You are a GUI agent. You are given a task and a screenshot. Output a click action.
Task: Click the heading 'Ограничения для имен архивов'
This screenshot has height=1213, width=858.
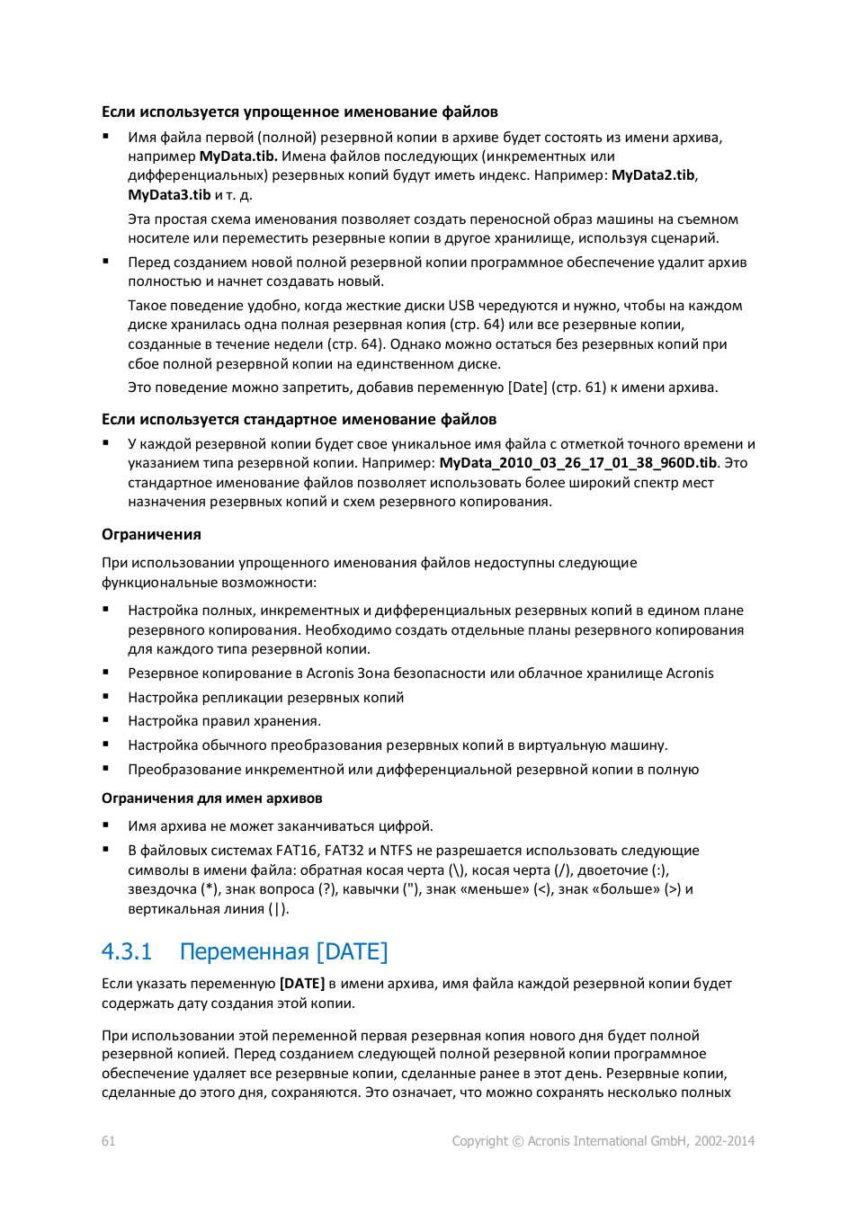click(x=211, y=798)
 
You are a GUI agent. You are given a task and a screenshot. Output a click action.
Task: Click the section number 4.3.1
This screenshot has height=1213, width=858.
click(x=127, y=951)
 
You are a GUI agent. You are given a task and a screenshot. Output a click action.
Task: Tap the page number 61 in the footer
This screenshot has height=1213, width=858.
click(x=108, y=1141)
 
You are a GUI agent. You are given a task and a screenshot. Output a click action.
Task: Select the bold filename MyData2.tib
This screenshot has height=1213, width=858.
click(x=653, y=175)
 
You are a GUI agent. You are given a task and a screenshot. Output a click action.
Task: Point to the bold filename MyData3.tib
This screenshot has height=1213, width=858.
click(x=169, y=195)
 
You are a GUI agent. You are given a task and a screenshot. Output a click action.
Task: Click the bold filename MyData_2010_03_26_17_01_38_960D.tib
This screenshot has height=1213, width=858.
click(x=577, y=463)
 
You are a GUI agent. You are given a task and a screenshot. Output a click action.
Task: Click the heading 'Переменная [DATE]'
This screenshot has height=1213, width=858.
click(x=283, y=951)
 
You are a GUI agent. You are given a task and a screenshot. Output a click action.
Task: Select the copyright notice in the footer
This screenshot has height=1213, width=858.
click(x=603, y=1141)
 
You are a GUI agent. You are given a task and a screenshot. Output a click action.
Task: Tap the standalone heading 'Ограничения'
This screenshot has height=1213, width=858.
click(x=151, y=535)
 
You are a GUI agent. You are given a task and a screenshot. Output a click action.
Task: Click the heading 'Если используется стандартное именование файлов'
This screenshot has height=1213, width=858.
click(x=299, y=420)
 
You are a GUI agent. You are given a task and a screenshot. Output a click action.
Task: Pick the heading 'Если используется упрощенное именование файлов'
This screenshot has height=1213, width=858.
click(x=299, y=112)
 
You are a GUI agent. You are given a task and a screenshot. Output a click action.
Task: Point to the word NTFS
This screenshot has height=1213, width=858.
click(x=396, y=851)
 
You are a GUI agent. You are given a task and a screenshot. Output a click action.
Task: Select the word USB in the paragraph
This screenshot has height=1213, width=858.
click(x=461, y=306)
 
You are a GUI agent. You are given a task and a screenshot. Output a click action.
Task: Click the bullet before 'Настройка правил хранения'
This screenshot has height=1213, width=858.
click(x=106, y=720)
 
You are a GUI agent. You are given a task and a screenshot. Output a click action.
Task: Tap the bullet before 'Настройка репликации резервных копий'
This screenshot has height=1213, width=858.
click(x=106, y=697)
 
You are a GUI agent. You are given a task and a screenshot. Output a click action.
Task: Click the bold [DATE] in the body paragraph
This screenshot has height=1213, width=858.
click(x=302, y=984)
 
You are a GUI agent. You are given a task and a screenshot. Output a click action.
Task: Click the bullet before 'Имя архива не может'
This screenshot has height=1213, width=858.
click(x=106, y=825)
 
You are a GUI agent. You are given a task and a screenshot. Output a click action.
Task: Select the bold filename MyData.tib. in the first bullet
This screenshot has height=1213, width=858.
click(x=238, y=156)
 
